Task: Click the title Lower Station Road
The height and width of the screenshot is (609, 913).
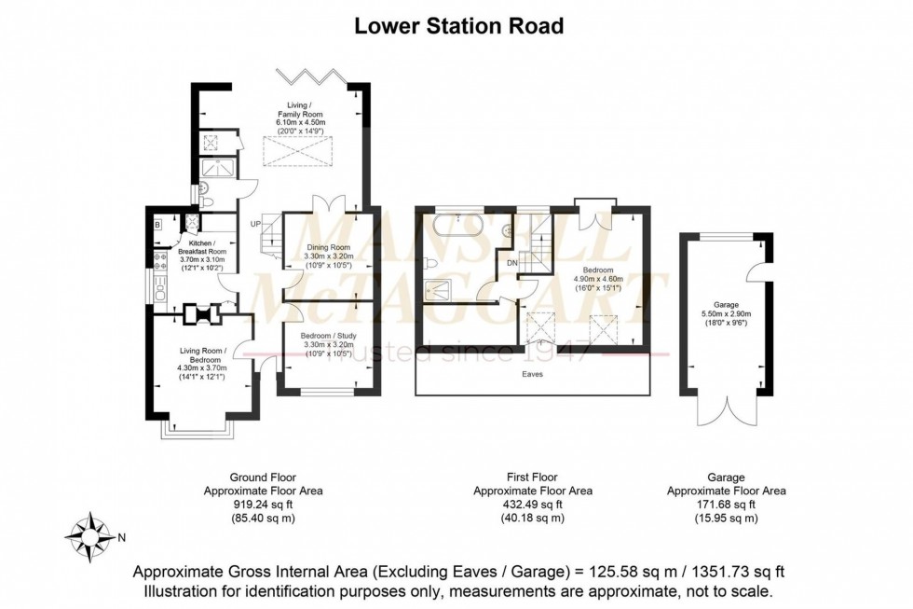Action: pos(458,26)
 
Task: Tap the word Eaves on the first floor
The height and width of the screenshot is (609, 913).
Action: pos(532,374)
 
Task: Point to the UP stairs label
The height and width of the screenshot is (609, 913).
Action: pos(254,224)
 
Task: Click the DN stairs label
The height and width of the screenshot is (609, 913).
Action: pos(511,263)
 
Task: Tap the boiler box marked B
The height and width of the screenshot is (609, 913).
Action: pos(157,224)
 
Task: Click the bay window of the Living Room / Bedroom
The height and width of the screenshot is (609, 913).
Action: pos(197,427)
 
